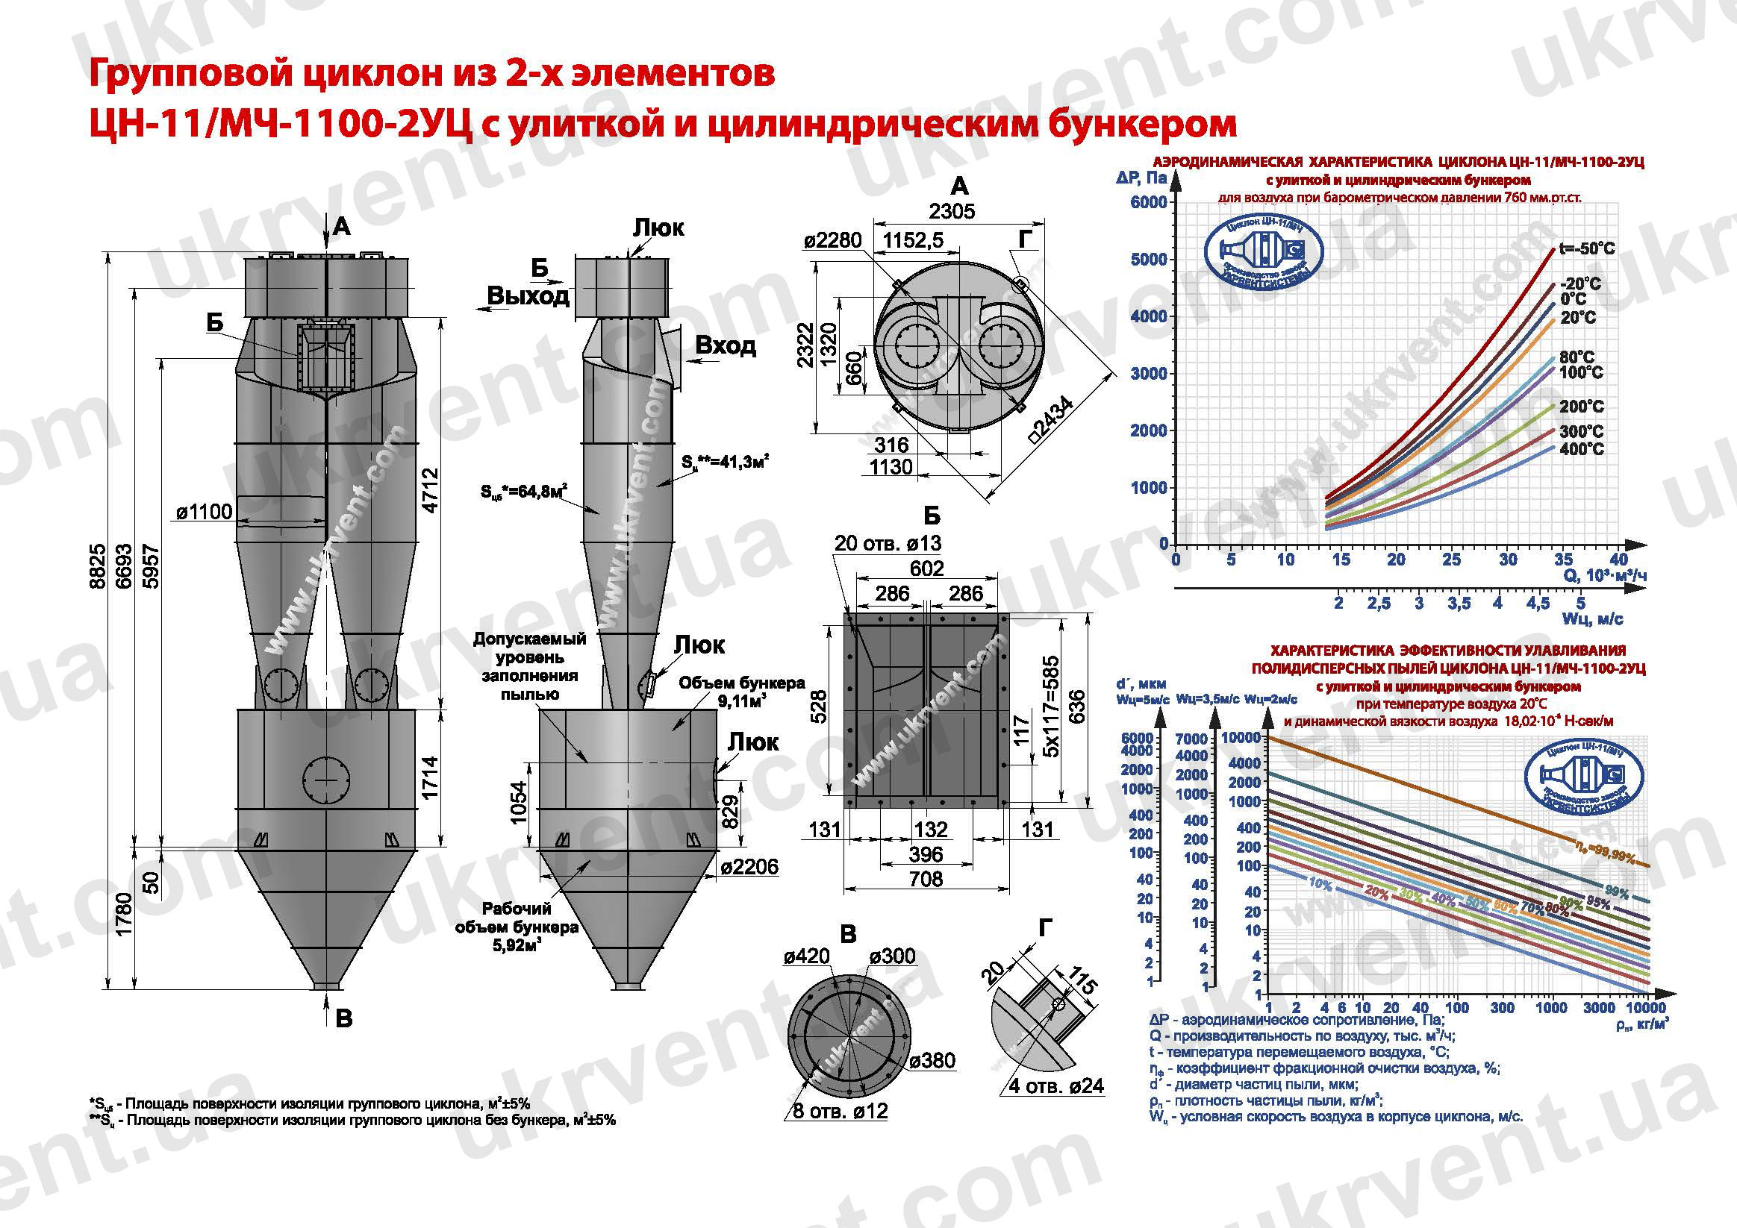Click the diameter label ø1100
pos(205,513)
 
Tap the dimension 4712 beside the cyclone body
pos(430,491)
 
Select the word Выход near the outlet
pos(527,295)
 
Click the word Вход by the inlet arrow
pos(725,345)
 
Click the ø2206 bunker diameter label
pos(749,867)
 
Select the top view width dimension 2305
pos(952,211)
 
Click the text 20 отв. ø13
pos(888,543)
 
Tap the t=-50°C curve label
pos(1586,248)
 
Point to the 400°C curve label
pos(1581,449)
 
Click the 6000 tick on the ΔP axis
pos(1148,202)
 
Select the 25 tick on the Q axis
pos(1451,560)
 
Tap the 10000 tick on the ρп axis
pos(1644,1008)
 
